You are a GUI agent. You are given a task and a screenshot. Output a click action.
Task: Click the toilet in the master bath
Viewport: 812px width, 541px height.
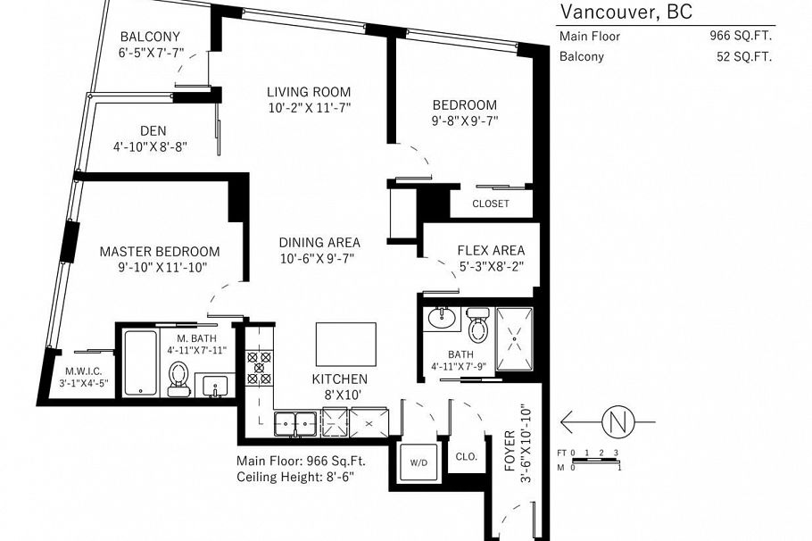pos(178,378)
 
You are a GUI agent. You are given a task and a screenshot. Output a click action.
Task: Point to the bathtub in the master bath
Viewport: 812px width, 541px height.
pos(139,363)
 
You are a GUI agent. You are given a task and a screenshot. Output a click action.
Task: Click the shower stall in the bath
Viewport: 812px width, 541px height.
pos(513,338)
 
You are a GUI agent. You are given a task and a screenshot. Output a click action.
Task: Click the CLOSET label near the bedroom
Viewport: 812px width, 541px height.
pos(490,204)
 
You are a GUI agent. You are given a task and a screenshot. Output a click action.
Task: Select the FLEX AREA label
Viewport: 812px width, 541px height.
pos(491,251)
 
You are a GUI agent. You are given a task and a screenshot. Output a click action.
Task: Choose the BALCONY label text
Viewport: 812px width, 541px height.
pos(150,37)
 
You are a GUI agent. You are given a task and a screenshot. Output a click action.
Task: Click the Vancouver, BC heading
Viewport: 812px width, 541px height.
pos(625,12)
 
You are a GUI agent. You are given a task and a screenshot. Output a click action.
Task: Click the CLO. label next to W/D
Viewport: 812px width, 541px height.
pos(466,456)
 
